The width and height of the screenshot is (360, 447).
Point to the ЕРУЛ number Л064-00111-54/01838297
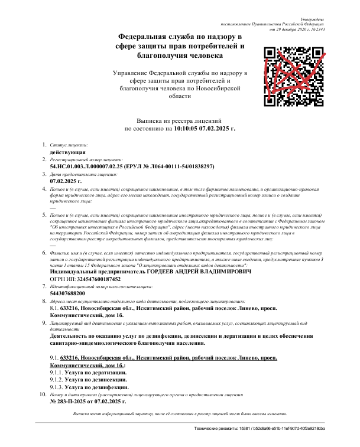tap(184, 167)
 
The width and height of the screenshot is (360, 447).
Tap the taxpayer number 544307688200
tap(67, 293)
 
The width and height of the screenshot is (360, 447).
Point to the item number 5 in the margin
tap(43, 216)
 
